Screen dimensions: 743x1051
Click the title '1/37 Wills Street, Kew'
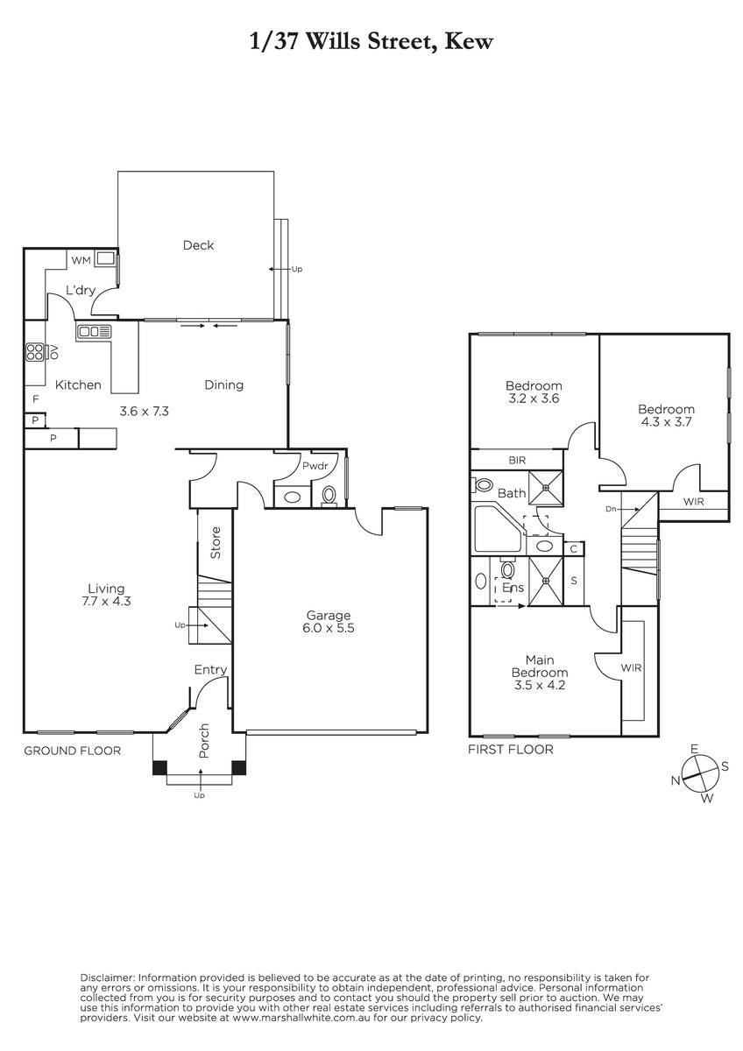(371, 42)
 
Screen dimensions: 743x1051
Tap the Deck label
(198, 245)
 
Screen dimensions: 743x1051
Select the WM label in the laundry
(81, 260)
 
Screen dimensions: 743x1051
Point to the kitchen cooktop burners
(35, 352)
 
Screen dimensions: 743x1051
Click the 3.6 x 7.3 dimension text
(144, 412)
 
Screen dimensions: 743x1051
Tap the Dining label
(224, 385)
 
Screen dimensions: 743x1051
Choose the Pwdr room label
(315, 466)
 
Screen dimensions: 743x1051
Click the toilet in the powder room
(329, 496)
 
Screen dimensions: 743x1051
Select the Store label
(216, 543)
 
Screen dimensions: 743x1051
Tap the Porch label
(203, 741)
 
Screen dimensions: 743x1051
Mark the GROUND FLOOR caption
(72, 751)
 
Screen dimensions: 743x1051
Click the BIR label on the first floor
(517, 461)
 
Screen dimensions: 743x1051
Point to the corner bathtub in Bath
(499, 528)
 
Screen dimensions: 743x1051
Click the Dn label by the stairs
(611, 509)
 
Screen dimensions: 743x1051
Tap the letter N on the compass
(676, 780)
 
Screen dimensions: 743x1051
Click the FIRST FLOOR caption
(511, 750)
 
